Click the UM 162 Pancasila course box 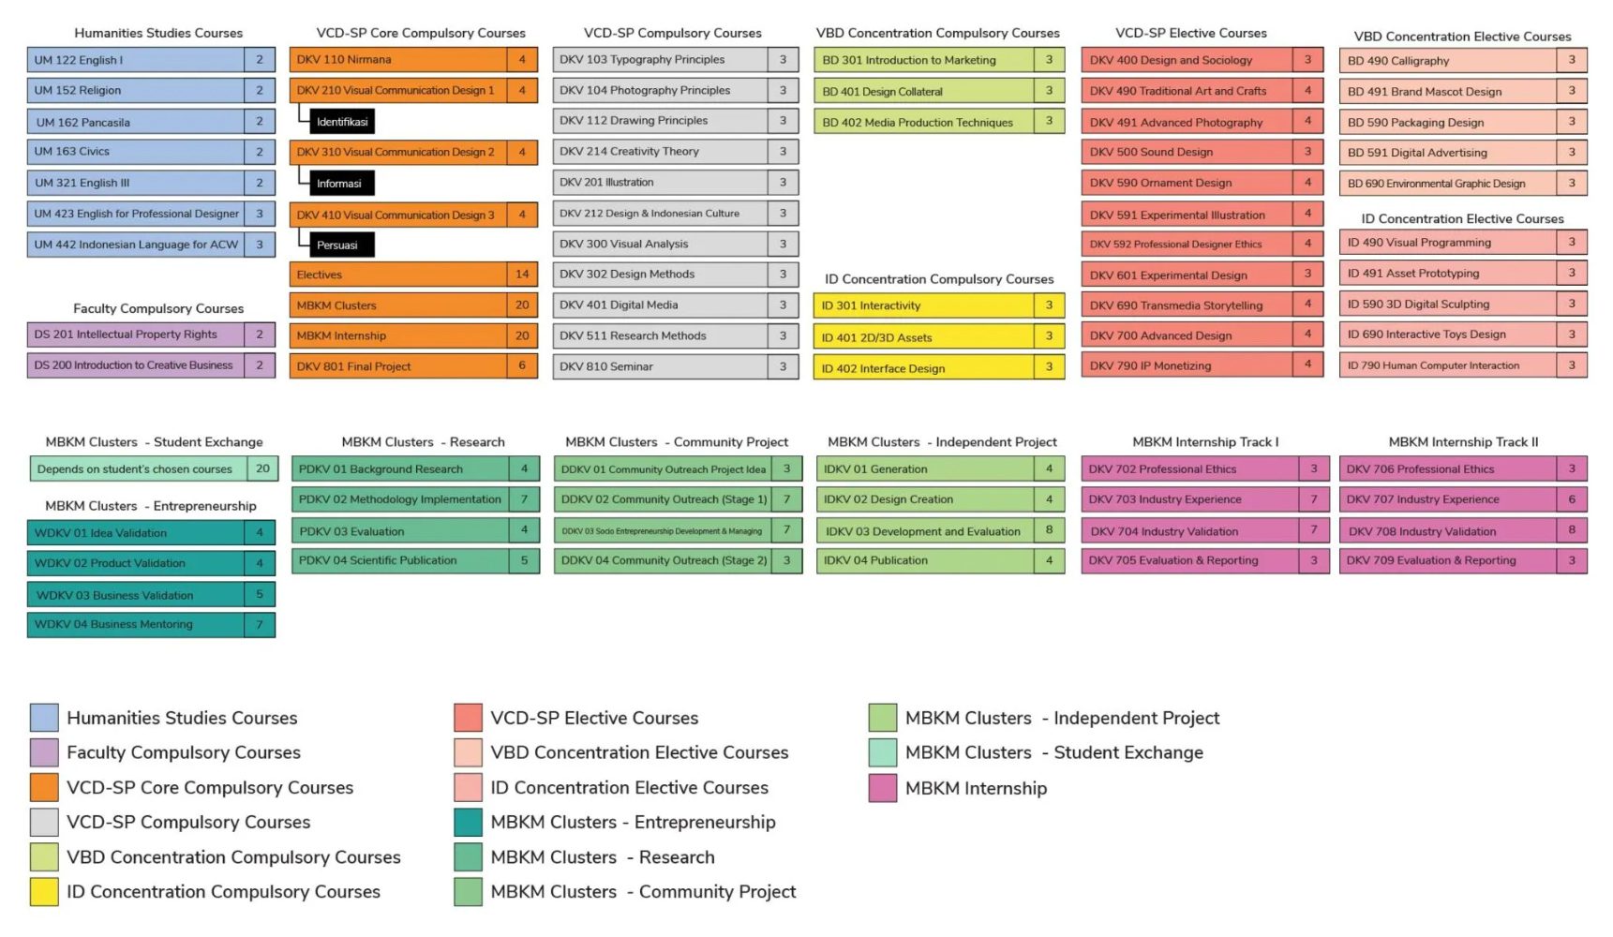click(x=136, y=122)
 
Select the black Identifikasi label click(x=342, y=122)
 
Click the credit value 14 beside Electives click(x=522, y=275)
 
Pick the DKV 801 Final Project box click(x=397, y=366)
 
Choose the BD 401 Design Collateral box click(x=924, y=92)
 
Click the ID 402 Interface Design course click(x=924, y=368)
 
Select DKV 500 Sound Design click(x=1186, y=152)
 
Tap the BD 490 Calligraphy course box click(x=1448, y=61)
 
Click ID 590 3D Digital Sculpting click(x=1448, y=304)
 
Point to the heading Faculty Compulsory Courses click(x=158, y=308)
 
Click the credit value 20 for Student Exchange click(x=262, y=468)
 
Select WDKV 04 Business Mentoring click(x=136, y=624)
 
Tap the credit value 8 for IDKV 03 click(x=1049, y=530)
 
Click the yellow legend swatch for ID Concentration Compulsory click(x=44, y=892)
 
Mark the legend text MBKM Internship click(x=976, y=789)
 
